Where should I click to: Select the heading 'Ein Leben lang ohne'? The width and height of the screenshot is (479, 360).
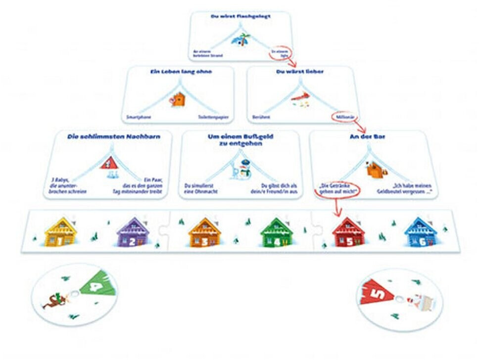181,72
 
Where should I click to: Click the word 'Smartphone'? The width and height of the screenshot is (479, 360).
139,117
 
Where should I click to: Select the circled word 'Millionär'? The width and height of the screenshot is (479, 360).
340,117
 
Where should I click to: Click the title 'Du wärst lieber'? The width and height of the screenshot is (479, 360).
300,72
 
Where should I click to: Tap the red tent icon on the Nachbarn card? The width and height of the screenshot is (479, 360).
109,163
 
